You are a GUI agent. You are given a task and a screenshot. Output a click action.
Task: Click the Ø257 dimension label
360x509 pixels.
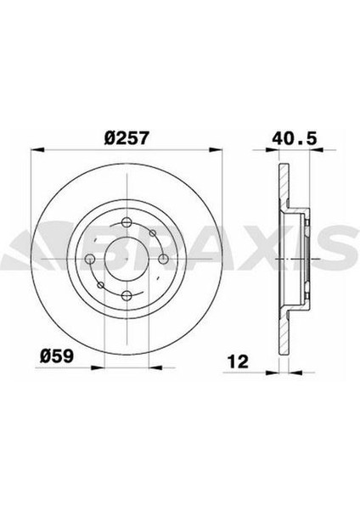pyautogui.click(x=127, y=138)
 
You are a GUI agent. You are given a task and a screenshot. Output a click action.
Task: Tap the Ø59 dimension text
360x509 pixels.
pyautogui.click(x=57, y=356)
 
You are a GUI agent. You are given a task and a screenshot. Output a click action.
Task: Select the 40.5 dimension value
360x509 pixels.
pyautogui.click(x=295, y=138)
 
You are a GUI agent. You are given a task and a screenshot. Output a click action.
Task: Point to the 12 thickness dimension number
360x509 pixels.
pyautogui.click(x=238, y=361)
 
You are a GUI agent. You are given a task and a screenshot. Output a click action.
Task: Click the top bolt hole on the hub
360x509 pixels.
pyautogui.click(x=126, y=222)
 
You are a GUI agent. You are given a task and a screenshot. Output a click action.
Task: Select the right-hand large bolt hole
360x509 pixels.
pyautogui.click(x=163, y=259)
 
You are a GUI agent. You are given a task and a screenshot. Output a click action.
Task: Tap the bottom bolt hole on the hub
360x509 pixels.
pyautogui.click(x=127, y=295)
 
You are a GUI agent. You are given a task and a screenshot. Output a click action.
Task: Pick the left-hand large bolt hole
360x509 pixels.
pyautogui.click(x=89, y=259)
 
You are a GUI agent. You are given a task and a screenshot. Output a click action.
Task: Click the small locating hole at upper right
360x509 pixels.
pyautogui.click(x=152, y=232)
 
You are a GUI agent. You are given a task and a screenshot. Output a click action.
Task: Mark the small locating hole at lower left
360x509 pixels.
pyautogui.click(x=101, y=285)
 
